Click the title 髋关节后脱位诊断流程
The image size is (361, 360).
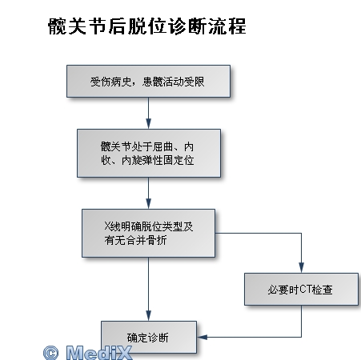(146, 26)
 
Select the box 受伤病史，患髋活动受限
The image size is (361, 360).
(148, 82)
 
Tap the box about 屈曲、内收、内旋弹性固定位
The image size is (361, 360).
(149, 153)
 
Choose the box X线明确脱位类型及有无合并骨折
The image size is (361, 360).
(148, 233)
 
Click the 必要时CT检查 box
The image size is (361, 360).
(301, 289)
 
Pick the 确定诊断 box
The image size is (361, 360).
(149, 337)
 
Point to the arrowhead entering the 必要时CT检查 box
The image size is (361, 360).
(301, 268)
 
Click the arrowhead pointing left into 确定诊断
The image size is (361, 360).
(203, 337)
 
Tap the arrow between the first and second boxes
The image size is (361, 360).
(149, 113)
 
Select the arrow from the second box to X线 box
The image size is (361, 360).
(149, 193)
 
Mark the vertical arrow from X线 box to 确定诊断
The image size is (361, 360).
(149, 289)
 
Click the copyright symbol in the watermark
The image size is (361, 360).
(50, 353)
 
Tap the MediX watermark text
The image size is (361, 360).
(99, 353)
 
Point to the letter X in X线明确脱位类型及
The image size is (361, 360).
(107, 226)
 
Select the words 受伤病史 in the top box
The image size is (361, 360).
(110, 82)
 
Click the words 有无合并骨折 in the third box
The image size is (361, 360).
(135, 240)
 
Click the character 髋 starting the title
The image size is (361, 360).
(57, 26)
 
